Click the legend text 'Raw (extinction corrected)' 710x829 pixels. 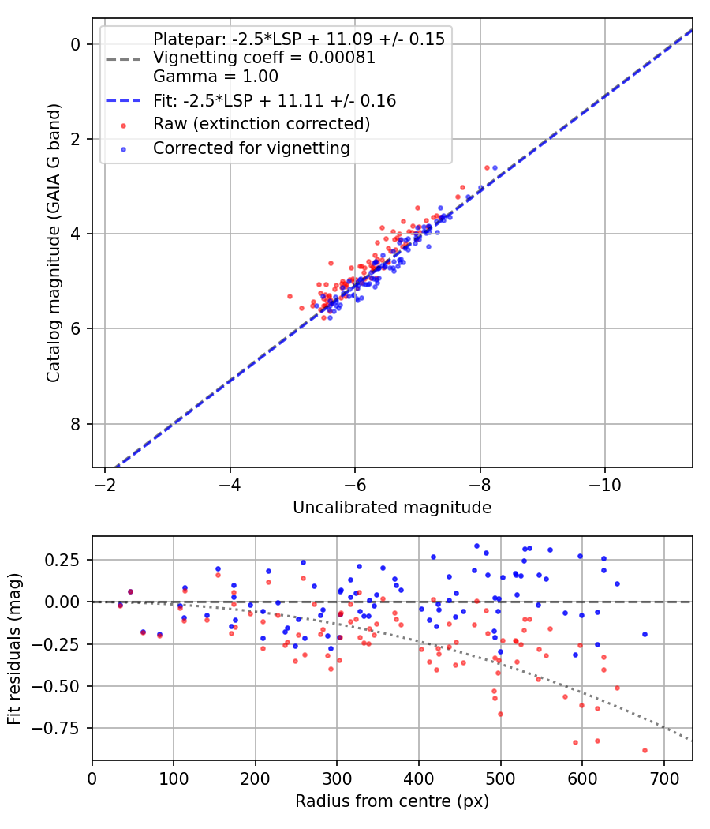pos(261,124)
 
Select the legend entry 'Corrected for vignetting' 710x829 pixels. pos(252,148)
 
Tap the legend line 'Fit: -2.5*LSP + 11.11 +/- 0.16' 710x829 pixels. pos(274,100)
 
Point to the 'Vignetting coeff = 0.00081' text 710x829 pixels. pos(263,58)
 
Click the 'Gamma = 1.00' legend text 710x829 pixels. pos(215,77)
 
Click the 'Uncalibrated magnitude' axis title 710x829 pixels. pos(392,508)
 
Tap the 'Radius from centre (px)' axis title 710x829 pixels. pos(392,801)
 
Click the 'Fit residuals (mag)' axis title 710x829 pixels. pos(15,647)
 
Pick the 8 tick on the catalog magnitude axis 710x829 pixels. pos(77,424)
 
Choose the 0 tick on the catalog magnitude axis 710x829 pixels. pos(77,44)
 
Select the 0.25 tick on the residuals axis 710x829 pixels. pos(67,560)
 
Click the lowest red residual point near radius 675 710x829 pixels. pos(645,750)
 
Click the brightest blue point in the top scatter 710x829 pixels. pos(495,167)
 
